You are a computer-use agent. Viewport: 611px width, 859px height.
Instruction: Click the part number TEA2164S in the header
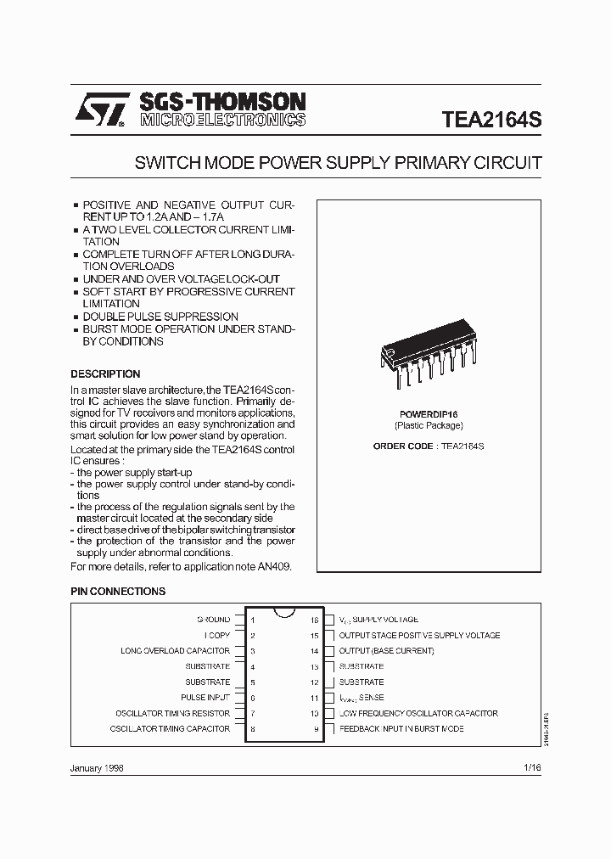coord(491,120)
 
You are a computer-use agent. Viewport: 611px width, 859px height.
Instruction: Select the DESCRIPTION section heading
coord(105,373)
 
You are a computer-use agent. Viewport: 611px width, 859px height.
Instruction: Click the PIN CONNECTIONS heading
coord(118,592)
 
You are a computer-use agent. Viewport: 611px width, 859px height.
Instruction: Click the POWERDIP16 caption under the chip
coord(429,414)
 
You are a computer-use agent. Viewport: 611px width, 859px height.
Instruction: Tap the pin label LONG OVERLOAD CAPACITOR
coord(175,651)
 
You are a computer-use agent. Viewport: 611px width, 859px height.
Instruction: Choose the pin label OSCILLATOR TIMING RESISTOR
coord(172,713)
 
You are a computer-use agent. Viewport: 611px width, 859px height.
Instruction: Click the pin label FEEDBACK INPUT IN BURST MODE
coord(401,729)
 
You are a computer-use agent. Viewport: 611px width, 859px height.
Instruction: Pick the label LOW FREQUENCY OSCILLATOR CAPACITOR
coord(418,713)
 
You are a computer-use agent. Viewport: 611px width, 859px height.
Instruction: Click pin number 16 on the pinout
coord(314,620)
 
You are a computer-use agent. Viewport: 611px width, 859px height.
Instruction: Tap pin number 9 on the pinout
coord(316,729)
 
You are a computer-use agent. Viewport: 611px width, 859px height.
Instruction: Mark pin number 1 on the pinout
coord(253,620)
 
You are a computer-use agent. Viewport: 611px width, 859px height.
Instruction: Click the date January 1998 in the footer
coord(97,766)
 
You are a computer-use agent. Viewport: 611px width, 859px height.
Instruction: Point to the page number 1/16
coord(532,766)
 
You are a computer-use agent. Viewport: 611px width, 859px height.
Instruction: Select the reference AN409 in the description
coord(272,566)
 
